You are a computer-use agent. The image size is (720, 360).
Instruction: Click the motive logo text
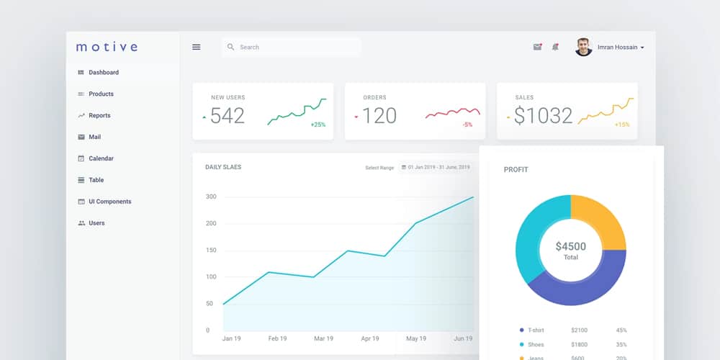[107, 48]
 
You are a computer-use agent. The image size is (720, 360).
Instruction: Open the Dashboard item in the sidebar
[103, 73]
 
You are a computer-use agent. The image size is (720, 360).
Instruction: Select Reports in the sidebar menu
[99, 116]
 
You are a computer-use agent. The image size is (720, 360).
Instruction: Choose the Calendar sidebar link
[101, 158]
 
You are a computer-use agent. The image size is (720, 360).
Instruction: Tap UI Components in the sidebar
[109, 202]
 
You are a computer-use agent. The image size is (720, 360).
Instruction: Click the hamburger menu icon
[196, 48]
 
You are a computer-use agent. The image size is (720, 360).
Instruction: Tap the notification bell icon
[555, 48]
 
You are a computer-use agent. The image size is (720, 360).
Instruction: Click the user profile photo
[583, 48]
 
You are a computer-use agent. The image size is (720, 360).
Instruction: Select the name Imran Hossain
[617, 48]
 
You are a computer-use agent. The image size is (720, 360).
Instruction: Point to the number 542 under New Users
[228, 116]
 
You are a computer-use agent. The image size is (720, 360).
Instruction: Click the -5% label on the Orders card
[467, 125]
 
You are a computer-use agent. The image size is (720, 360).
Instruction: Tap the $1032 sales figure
[544, 116]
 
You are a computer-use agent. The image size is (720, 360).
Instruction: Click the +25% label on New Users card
[318, 125]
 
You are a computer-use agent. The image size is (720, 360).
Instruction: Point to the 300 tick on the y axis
[211, 197]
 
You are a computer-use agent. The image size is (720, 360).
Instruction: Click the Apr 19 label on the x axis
[370, 338]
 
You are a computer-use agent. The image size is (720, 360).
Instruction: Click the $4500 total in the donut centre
[570, 246]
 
